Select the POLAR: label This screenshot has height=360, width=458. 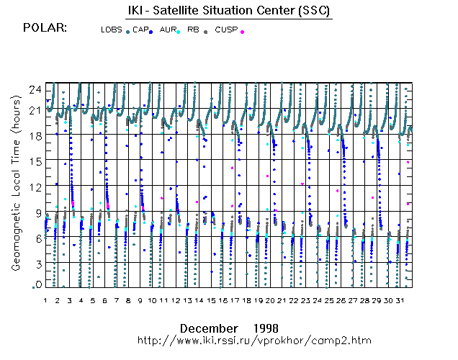tap(45, 28)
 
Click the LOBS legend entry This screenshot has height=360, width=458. tap(112, 30)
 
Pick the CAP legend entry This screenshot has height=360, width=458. tap(140, 30)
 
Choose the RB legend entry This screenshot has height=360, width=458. tap(193, 30)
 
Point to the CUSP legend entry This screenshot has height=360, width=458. tap(225, 30)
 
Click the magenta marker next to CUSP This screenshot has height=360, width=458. tap(242, 32)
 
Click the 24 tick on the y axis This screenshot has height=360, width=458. tap(32, 88)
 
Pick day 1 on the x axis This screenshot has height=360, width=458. tap(45, 300)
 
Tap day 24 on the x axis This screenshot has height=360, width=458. tap(318, 300)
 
